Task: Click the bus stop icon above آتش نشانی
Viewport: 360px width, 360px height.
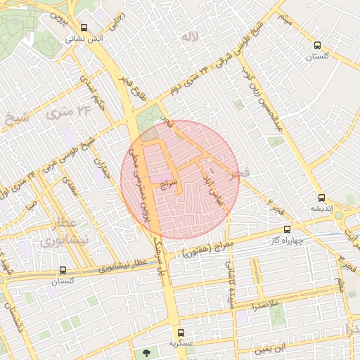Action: [x=84, y=28]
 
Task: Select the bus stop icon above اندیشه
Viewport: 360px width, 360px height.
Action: [x=321, y=198]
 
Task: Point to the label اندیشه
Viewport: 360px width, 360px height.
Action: [x=321, y=209]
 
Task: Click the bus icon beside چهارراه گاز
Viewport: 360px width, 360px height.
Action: [x=287, y=229]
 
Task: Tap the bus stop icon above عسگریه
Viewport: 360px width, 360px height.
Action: [x=181, y=333]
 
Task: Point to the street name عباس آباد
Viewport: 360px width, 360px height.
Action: [x=213, y=184]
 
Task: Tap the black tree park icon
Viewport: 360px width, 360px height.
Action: [x=146, y=353]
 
